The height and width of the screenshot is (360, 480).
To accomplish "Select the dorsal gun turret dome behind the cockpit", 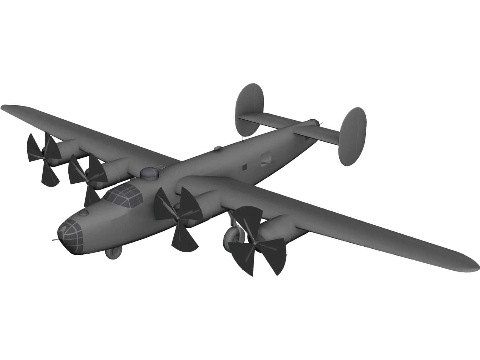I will (149, 173).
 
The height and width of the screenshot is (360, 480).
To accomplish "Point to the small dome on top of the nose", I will (85, 212).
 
